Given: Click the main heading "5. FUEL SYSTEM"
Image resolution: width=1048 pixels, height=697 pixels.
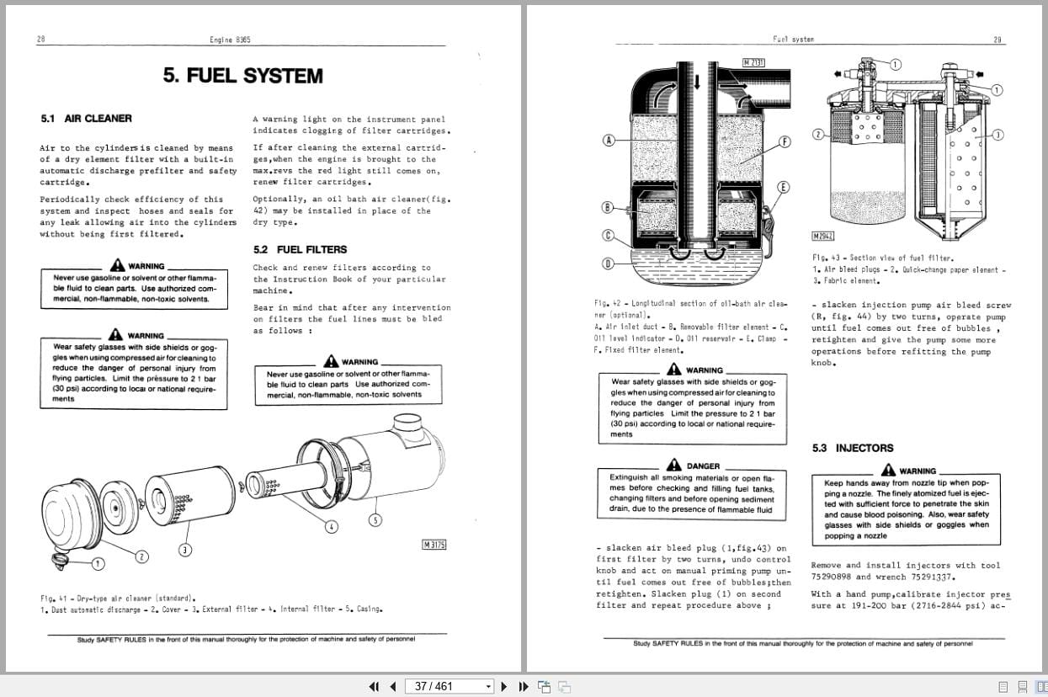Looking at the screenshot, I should [x=242, y=76].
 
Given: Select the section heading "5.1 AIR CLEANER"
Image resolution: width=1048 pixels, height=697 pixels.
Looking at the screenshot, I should [x=87, y=119].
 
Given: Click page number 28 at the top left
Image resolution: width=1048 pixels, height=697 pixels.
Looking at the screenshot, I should [x=41, y=40].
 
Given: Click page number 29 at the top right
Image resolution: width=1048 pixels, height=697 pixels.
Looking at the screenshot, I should [x=997, y=40].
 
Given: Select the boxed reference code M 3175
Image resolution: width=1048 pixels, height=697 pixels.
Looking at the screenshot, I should [x=434, y=545].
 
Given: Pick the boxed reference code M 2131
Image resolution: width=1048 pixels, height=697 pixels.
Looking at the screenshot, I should [x=753, y=61].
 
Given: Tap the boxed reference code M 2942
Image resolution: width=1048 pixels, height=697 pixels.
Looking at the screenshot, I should [x=823, y=237].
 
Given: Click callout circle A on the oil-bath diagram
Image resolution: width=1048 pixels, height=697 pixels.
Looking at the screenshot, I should [x=608, y=140].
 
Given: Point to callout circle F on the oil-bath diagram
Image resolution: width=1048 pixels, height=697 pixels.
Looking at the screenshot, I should [x=785, y=141].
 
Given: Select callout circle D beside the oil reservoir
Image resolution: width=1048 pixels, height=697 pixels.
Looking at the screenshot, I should [x=608, y=263].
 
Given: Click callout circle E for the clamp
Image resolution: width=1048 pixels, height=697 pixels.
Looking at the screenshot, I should [x=783, y=187].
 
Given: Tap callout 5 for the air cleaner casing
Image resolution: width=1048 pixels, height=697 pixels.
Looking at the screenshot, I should [x=375, y=519].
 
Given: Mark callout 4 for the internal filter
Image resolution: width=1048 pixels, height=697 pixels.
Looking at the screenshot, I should [x=332, y=526].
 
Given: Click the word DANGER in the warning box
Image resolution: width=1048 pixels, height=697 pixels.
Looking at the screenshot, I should [x=703, y=466].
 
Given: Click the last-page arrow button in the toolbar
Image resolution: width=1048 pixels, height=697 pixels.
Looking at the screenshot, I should [x=522, y=686].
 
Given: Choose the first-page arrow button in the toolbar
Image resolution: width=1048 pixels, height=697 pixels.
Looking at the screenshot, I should [x=375, y=686].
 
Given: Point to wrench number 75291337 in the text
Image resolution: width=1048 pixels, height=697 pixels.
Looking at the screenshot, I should [x=926, y=577].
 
